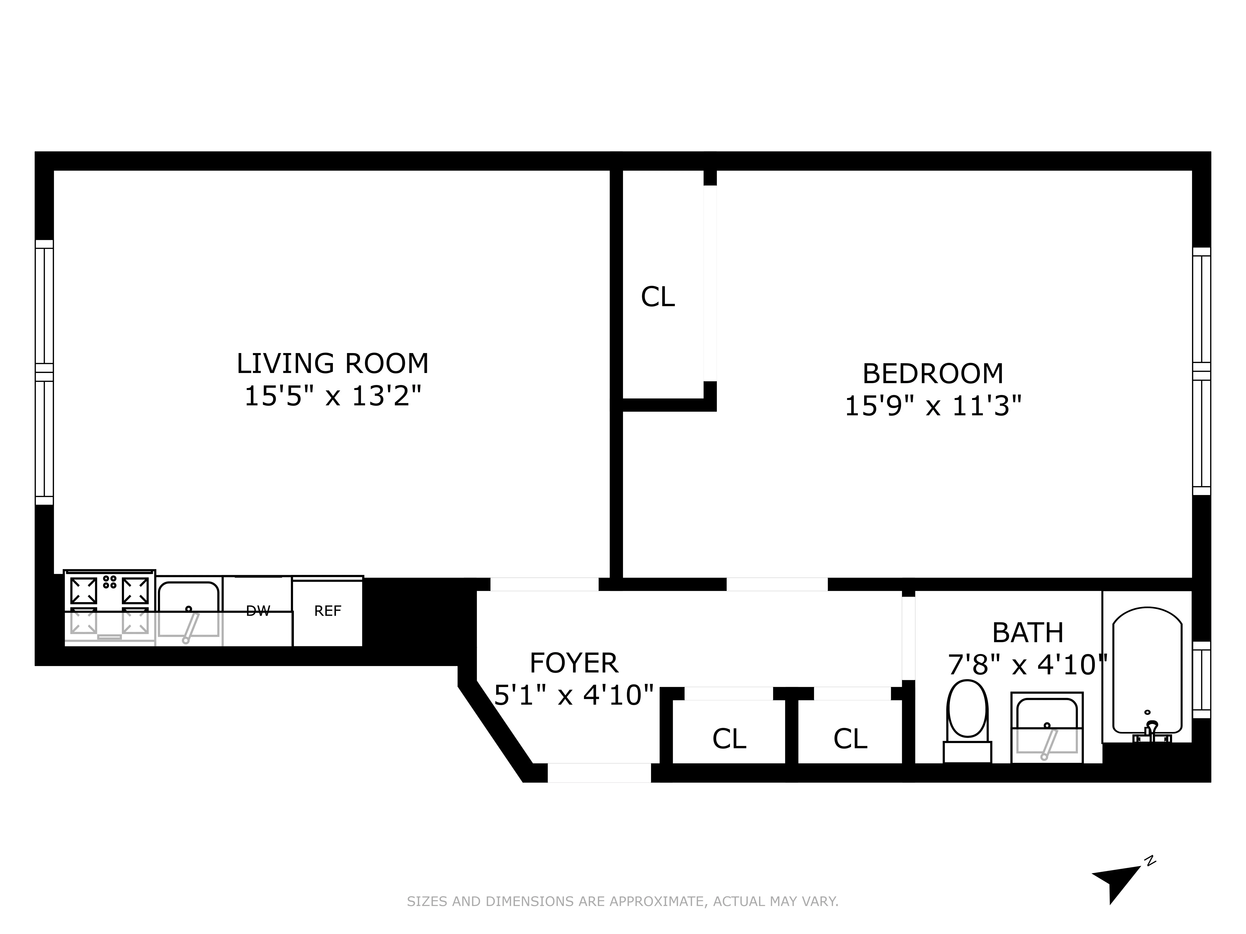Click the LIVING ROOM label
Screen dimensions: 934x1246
pyautogui.click(x=332, y=364)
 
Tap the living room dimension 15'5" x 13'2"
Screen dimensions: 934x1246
pyautogui.click(x=332, y=396)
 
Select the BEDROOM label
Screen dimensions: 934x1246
pyautogui.click(x=933, y=374)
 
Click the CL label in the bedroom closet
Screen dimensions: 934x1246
pyautogui.click(x=657, y=297)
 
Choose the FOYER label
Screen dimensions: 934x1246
pyautogui.click(x=573, y=663)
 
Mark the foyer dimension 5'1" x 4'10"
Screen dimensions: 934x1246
pyautogui.click(x=573, y=695)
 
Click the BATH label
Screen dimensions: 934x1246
pyautogui.click(x=1028, y=633)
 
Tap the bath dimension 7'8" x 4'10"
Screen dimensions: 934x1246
pyautogui.click(x=1028, y=665)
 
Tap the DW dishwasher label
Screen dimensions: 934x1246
pyautogui.click(x=258, y=611)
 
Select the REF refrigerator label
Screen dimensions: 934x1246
pyautogui.click(x=327, y=611)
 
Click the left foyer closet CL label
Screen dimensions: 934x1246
pyautogui.click(x=729, y=739)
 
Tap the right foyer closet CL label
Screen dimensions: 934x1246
pyautogui.click(x=850, y=739)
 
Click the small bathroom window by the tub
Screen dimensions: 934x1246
pyautogui.click(x=1202, y=680)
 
